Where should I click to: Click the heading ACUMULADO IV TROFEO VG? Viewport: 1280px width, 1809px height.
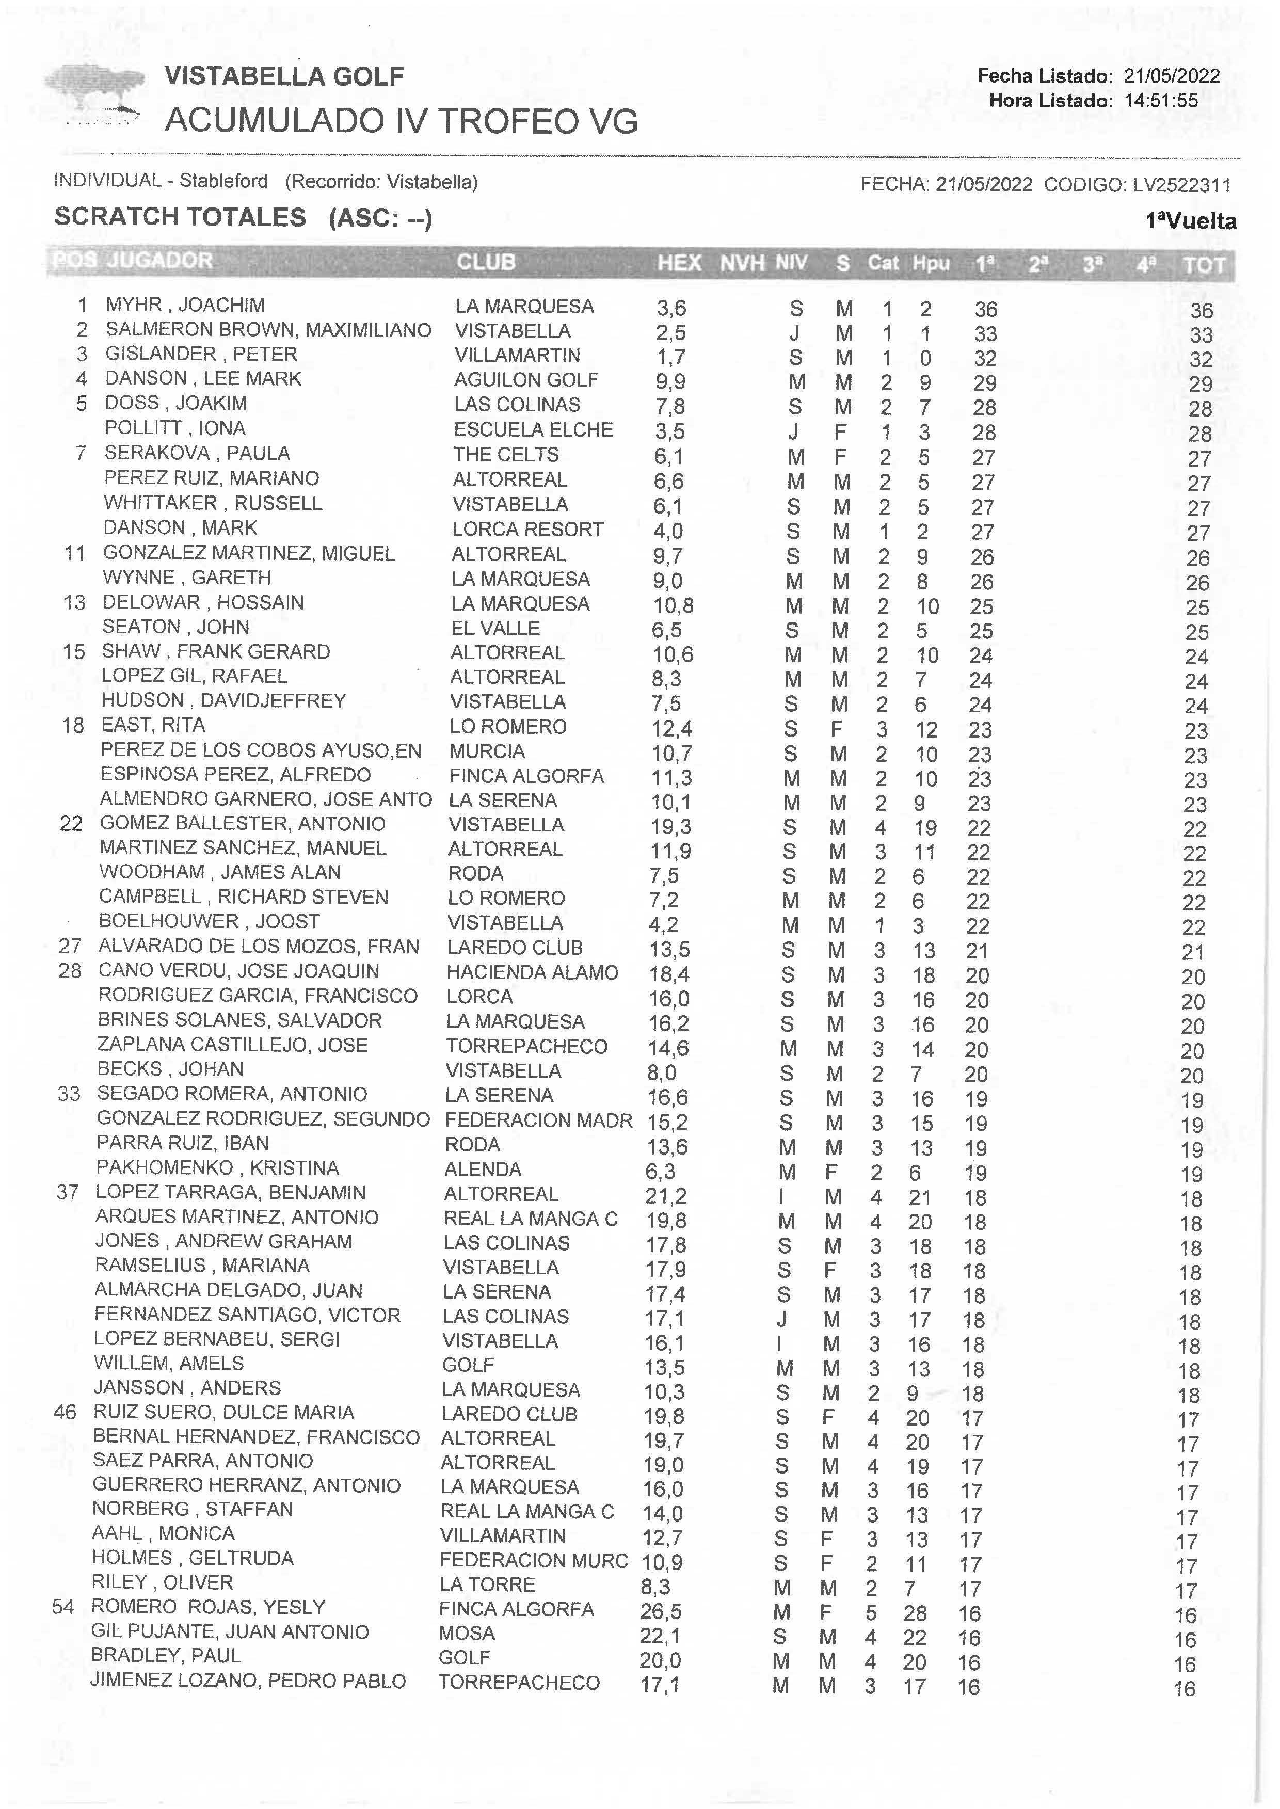pos(401,121)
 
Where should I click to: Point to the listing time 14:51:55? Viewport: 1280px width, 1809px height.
pos(1160,101)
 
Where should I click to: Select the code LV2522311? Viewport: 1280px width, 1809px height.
pos(1181,185)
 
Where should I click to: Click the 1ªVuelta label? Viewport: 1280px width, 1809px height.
pos(1190,221)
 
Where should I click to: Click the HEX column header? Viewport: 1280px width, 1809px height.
pos(679,263)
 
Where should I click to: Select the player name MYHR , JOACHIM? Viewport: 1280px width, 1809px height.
pos(185,305)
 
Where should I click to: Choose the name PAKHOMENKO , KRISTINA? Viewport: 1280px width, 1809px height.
pos(217,1168)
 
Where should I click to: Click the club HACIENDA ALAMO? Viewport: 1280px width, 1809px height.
pos(532,973)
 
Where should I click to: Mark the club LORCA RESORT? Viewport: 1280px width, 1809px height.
pos(527,530)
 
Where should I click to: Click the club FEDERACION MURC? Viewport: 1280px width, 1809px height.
pos(534,1561)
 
